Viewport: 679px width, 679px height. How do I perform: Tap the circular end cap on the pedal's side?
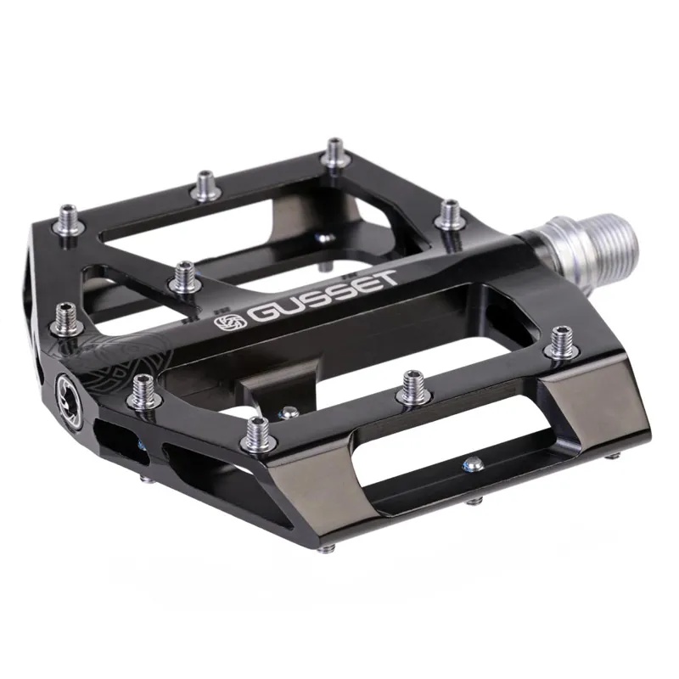click(x=69, y=391)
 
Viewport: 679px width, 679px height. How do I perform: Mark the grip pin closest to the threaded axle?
click(x=450, y=212)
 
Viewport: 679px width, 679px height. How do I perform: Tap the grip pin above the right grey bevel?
click(x=559, y=339)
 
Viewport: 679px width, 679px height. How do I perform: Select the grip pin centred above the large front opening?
click(x=412, y=384)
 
